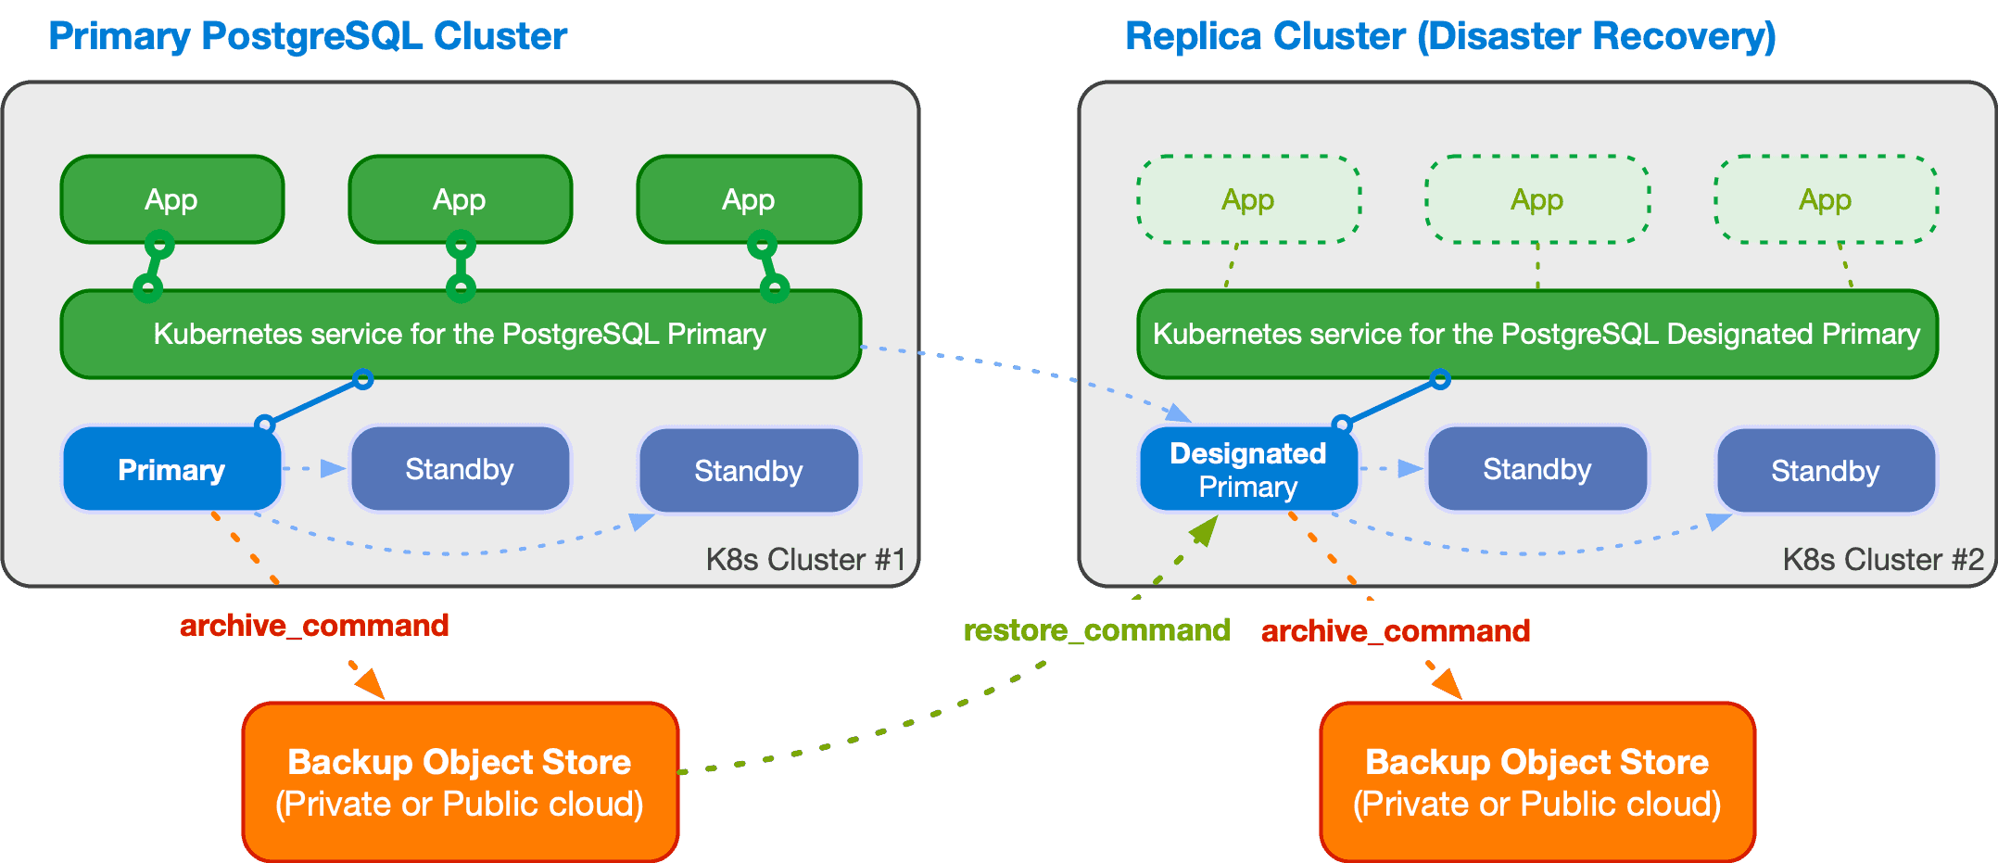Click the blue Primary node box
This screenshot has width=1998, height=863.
[171, 469]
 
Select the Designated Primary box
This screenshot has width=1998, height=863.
[1247, 469]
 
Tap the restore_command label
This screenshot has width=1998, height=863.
[1096, 630]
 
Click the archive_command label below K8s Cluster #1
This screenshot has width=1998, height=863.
[314, 625]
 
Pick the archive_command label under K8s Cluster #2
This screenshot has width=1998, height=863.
[1395, 630]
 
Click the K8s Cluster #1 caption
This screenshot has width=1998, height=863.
[804, 559]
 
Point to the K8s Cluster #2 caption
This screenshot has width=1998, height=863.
[1882, 559]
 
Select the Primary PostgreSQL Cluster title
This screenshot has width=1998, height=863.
[307, 36]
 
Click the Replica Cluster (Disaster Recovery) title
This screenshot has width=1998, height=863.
[1449, 36]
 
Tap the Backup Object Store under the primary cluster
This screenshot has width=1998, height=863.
[460, 781]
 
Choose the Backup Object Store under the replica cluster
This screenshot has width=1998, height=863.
[1536, 781]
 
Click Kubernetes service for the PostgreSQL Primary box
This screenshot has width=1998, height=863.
[460, 334]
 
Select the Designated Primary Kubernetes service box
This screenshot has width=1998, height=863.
[1536, 334]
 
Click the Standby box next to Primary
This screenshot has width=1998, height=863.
[460, 469]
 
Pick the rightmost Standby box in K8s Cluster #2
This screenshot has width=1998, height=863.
[1825, 470]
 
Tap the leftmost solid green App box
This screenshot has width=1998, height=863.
[171, 199]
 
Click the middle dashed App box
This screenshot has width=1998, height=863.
[1536, 199]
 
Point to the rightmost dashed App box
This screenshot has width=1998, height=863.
[1825, 199]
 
